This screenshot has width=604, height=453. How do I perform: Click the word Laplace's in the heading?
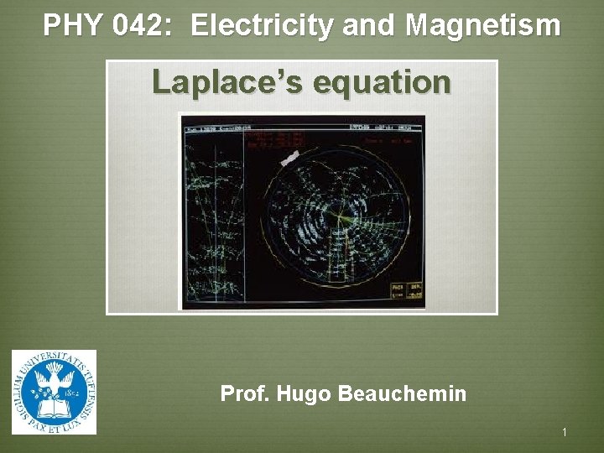[x=216, y=83]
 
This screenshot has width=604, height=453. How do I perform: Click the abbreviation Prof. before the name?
[x=242, y=393]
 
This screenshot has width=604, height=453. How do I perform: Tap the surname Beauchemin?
[x=402, y=393]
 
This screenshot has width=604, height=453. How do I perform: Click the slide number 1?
[x=565, y=432]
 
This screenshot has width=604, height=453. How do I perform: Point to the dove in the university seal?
[x=55, y=382]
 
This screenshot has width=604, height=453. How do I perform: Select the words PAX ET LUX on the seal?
[x=54, y=425]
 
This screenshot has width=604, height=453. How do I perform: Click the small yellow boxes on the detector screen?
[x=406, y=290]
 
